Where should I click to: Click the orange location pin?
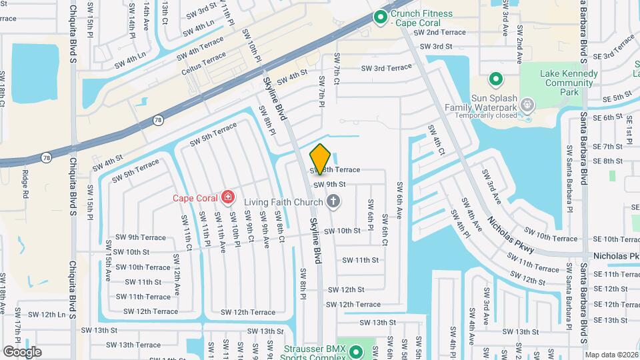pos(321,159)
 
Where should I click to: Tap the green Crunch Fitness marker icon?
pos(381,17)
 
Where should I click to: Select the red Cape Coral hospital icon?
pos(229,197)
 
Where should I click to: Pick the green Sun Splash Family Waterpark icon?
pos(495,80)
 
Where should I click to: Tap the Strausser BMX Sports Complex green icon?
pos(355,351)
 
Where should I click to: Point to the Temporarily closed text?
pos(487,115)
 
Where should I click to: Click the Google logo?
pos(22,351)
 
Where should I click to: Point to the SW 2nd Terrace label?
pos(439,32)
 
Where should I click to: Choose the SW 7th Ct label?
pos(337,69)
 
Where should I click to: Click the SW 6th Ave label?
pos(400,200)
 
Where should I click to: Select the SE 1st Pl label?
pos(629,129)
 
